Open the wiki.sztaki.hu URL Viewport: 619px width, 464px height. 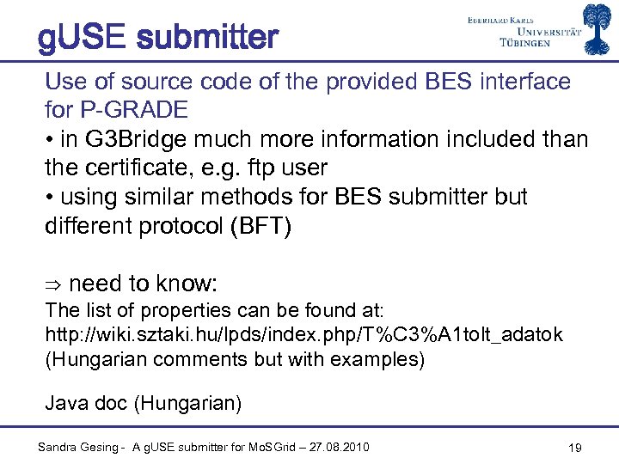(x=303, y=335)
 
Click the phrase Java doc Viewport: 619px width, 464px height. (x=87, y=401)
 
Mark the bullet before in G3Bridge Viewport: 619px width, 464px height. (x=49, y=139)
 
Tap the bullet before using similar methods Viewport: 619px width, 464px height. (x=49, y=197)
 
